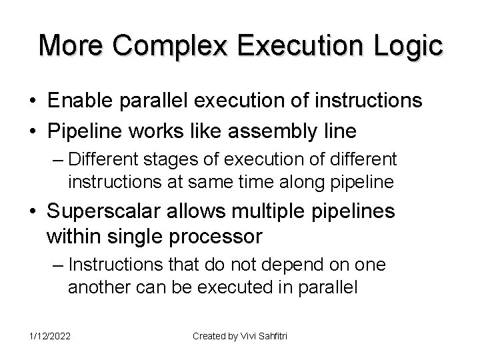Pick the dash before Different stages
pos(57,160)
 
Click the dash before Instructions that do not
pos(57,265)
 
